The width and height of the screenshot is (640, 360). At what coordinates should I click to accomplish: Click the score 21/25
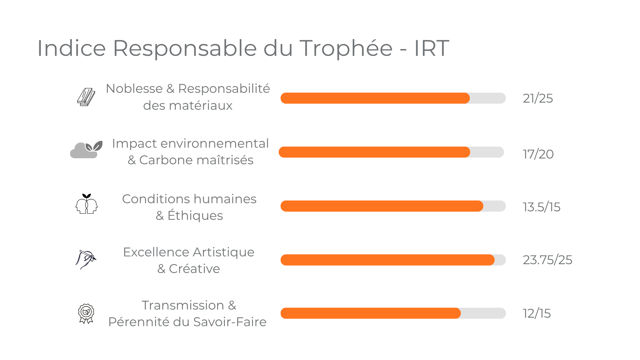point(538,98)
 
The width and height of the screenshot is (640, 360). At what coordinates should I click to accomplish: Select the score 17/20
point(538,154)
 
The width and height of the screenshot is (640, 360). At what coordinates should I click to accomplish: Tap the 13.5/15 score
point(541,207)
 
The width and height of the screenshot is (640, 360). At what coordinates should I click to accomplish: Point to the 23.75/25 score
point(547,260)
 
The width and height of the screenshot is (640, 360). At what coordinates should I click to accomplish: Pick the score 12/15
point(537,313)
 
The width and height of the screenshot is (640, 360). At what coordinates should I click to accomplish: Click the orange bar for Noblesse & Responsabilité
point(375,98)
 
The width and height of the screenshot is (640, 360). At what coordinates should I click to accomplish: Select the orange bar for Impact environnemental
point(374,152)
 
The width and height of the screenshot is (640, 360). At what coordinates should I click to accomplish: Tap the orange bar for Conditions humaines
point(382,206)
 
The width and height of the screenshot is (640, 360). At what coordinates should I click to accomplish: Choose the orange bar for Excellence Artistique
point(387,260)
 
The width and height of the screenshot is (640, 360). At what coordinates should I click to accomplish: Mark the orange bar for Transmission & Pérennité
point(370,313)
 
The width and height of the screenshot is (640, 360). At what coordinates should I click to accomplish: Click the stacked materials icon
point(86,97)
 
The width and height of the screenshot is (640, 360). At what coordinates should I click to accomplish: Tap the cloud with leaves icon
point(86,150)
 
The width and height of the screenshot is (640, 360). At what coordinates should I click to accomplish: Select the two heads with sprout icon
point(86,204)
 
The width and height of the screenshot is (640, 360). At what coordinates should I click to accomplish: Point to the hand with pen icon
point(86,259)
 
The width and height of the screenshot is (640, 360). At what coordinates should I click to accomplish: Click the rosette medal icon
point(86,313)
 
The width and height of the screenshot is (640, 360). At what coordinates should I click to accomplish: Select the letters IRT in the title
point(431,48)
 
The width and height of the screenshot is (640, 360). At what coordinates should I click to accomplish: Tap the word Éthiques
point(195,215)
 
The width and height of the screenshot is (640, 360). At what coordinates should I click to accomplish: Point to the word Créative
point(194,269)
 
